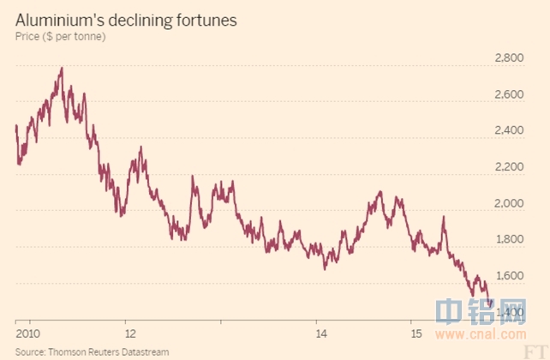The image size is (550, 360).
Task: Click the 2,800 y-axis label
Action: tap(509, 58)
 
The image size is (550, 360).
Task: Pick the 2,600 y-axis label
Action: tap(509, 94)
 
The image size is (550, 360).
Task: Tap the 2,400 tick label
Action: tap(509, 131)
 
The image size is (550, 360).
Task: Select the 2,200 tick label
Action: tap(509, 167)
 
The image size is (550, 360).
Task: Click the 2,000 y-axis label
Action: tap(509, 204)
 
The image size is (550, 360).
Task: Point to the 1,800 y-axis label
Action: tap(509, 240)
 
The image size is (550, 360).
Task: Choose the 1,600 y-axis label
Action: tap(509, 276)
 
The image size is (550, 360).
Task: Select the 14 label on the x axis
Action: tap(320, 333)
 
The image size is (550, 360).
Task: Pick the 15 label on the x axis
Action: tap(415, 333)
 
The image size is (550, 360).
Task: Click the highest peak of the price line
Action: tap(62, 68)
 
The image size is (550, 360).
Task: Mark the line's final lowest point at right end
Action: tap(488, 303)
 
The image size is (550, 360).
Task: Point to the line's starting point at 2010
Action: tap(16, 126)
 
